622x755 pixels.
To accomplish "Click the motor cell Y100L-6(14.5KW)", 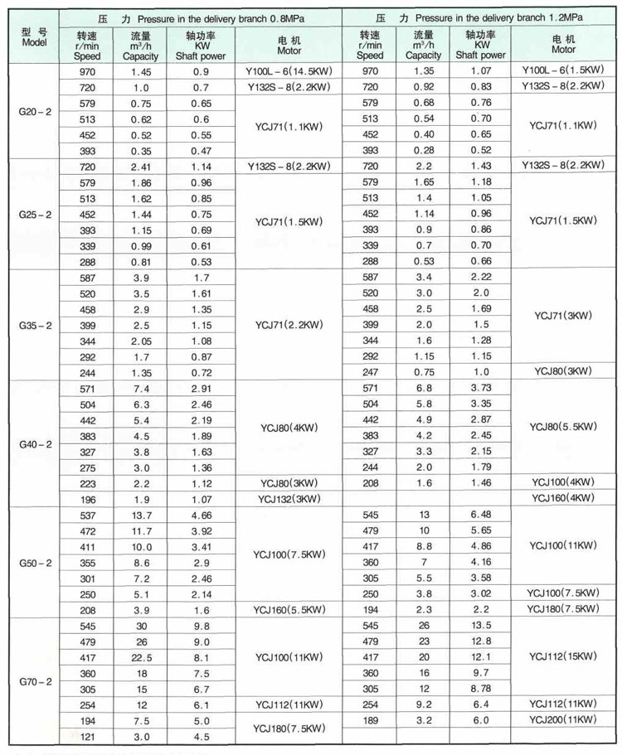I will [289, 71].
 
